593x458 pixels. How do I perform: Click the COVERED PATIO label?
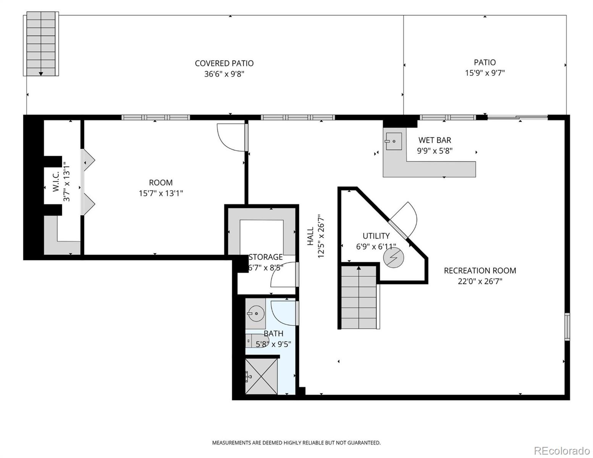tap(224, 63)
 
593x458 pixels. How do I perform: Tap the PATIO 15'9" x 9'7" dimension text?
tap(485, 73)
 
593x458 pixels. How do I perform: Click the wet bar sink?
tap(393, 141)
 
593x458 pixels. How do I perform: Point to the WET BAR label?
tap(435, 140)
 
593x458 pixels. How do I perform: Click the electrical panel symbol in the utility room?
tap(393, 258)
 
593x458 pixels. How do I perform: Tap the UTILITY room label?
tap(376, 236)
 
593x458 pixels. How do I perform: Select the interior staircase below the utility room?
tap(359, 297)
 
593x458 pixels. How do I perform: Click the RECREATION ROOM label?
tap(480, 271)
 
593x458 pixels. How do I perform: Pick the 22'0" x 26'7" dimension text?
tap(480, 282)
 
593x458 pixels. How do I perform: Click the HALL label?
tap(310, 237)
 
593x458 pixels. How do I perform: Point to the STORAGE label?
tap(266, 257)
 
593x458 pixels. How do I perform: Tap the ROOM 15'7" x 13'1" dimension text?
tap(161, 194)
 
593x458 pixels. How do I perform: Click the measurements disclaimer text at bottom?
tap(296, 443)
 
